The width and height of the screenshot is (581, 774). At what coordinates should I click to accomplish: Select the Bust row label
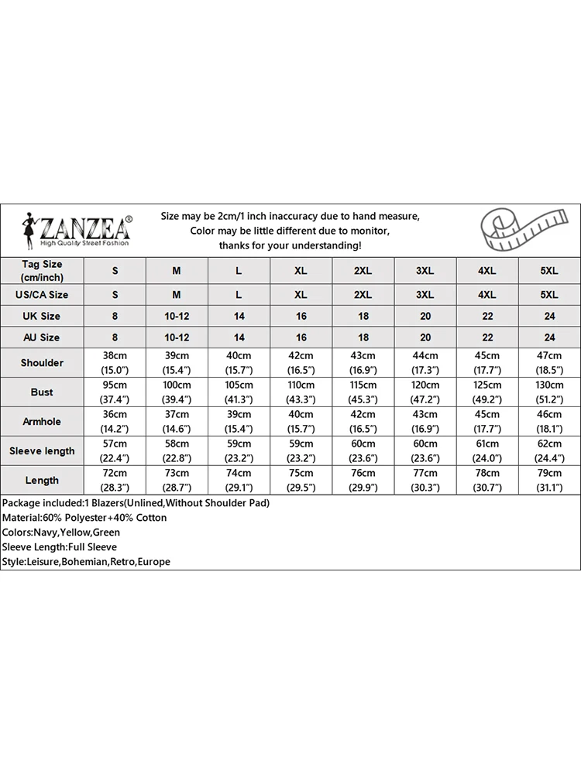tap(42, 392)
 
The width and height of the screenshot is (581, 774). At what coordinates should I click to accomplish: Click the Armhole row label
tap(42, 422)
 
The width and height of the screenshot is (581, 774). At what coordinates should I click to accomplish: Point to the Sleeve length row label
tap(42, 451)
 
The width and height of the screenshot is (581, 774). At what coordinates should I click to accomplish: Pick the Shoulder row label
tap(42, 363)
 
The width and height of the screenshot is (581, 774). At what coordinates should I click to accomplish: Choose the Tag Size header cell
tap(42, 270)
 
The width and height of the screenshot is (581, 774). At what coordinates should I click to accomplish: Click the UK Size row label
tap(42, 316)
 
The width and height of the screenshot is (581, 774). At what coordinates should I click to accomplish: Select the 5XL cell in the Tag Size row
tap(549, 271)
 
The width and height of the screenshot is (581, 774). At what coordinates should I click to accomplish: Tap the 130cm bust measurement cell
tap(549, 392)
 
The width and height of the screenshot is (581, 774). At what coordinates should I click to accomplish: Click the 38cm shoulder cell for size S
tap(115, 363)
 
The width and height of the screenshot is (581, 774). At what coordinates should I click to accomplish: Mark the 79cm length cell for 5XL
tap(549, 481)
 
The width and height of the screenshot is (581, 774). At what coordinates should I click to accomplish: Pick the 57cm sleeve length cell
tap(115, 451)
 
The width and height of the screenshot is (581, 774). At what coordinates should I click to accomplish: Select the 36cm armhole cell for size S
tap(115, 422)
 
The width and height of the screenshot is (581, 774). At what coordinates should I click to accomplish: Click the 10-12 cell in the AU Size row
tap(177, 337)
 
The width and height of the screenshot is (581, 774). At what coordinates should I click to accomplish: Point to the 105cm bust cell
tap(239, 392)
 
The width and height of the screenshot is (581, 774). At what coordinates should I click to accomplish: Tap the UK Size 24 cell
tap(549, 316)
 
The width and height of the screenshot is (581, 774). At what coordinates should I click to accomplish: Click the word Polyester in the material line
tap(90, 518)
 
